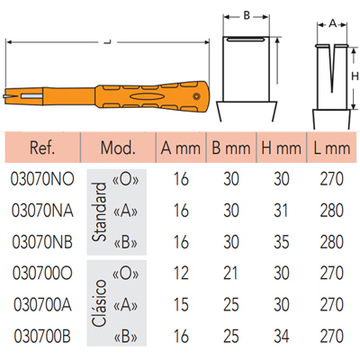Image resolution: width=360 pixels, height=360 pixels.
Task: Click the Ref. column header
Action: pyautogui.click(x=42, y=148)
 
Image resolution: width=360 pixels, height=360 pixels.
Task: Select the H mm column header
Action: pyautogui.click(x=281, y=148)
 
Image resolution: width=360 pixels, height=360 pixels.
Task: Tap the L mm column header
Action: pyautogui.click(x=332, y=148)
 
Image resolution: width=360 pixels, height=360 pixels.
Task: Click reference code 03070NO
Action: pyautogui.click(x=42, y=179)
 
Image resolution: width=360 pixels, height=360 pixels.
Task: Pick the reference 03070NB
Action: pyautogui.click(x=42, y=242)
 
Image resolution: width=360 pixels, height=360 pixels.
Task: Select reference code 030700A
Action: pyautogui.click(x=42, y=305)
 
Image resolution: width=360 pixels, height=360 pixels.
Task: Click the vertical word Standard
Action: pyautogui.click(x=100, y=212)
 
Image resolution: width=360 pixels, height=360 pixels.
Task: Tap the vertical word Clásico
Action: pyautogui.click(x=100, y=303)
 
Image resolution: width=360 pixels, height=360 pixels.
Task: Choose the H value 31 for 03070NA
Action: pyautogui.click(x=281, y=211)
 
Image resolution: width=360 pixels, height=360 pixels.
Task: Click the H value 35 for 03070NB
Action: pyautogui.click(x=281, y=242)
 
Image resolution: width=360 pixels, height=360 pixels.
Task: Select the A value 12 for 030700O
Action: pyautogui.click(x=181, y=274)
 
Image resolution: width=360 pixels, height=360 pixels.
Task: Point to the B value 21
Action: pyautogui.click(x=230, y=274)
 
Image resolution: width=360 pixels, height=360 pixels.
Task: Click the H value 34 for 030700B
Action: pyautogui.click(x=281, y=337)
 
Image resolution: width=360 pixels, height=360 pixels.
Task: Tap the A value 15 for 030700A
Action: pyautogui.click(x=181, y=305)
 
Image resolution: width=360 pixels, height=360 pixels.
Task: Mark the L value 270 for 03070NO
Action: pyautogui.click(x=331, y=179)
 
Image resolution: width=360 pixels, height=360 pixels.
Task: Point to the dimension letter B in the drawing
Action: pyautogui.click(x=247, y=15)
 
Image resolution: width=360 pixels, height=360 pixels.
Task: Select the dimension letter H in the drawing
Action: pyautogui.click(x=355, y=76)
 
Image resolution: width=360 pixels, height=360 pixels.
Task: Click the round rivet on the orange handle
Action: pyautogui.click(x=196, y=96)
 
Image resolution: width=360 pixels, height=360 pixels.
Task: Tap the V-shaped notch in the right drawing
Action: pyautogui.click(x=332, y=68)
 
